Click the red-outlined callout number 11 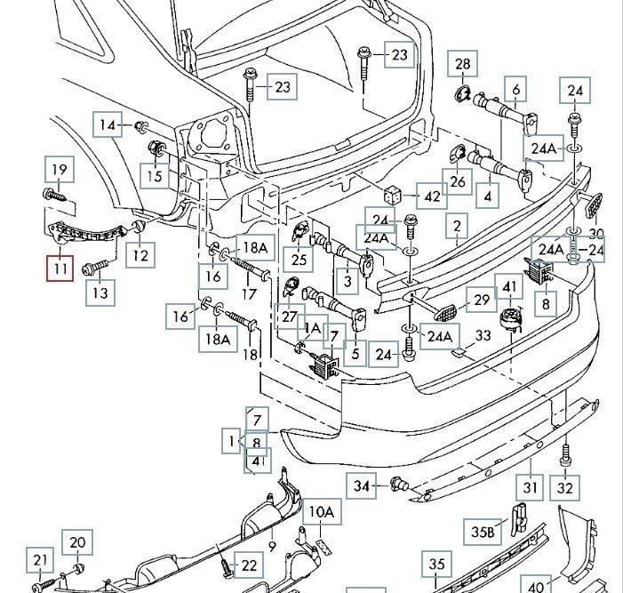pos(60,268)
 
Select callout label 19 pos(59,170)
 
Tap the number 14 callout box pos(108,125)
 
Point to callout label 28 pos(463,64)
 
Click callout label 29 pos(482,301)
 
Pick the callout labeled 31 pos(531,487)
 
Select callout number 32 pos(565,488)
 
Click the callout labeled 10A pos(322,513)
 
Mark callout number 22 pos(249,565)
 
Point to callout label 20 pos(77,543)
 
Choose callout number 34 pos(361,485)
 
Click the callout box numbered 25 pos(299,260)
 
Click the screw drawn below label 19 pos(52,193)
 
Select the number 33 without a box pos(483,335)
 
